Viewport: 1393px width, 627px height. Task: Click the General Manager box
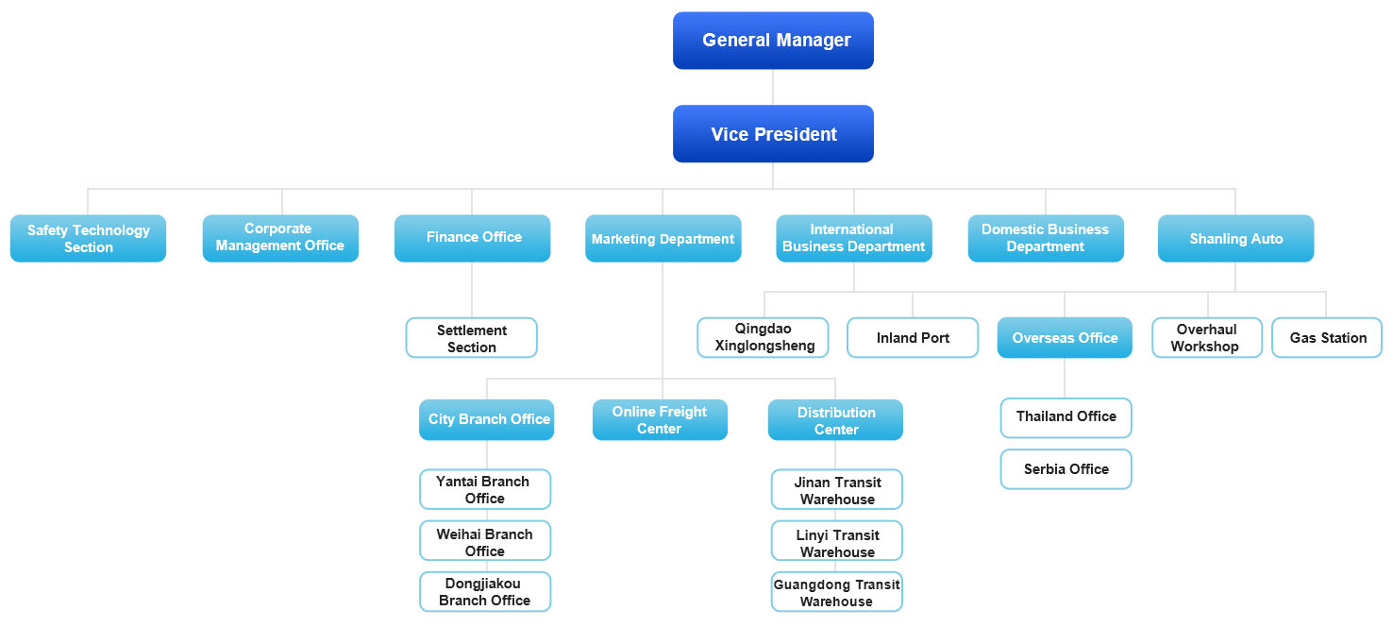click(x=773, y=41)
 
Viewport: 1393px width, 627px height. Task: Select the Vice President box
click(x=773, y=134)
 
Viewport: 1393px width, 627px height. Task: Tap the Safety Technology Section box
click(x=88, y=239)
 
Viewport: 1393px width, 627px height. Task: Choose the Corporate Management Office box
click(x=280, y=238)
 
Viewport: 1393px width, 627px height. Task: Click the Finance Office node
click(x=472, y=238)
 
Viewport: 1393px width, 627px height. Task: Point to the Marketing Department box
click(x=663, y=239)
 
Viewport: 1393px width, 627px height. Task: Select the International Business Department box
click(x=853, y=238)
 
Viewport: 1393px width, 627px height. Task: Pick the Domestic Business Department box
click(x=1045, y=238)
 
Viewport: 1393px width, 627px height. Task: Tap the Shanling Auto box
click(x=1235, y=239)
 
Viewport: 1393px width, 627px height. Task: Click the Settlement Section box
click(x=471, y=338)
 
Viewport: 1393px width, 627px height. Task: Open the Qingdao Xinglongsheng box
click(x=763, y=338)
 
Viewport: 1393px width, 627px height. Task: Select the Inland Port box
click(x=912, y=338)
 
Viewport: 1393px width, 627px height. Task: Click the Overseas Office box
click(x=1064, y=338)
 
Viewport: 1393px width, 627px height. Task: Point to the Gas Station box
click(x=1326, y=338)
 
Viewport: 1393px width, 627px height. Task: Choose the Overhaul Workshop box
click(x=1206, y=338)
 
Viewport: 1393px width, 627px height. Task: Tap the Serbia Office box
click(x=1066, y=469)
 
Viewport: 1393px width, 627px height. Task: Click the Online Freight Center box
click(x=660, y=420)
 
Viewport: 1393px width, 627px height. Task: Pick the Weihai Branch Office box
click(x=484, y=542)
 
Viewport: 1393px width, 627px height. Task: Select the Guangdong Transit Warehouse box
click(x=836, y=593)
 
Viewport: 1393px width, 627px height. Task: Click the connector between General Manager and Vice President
click(x=773, y=87)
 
